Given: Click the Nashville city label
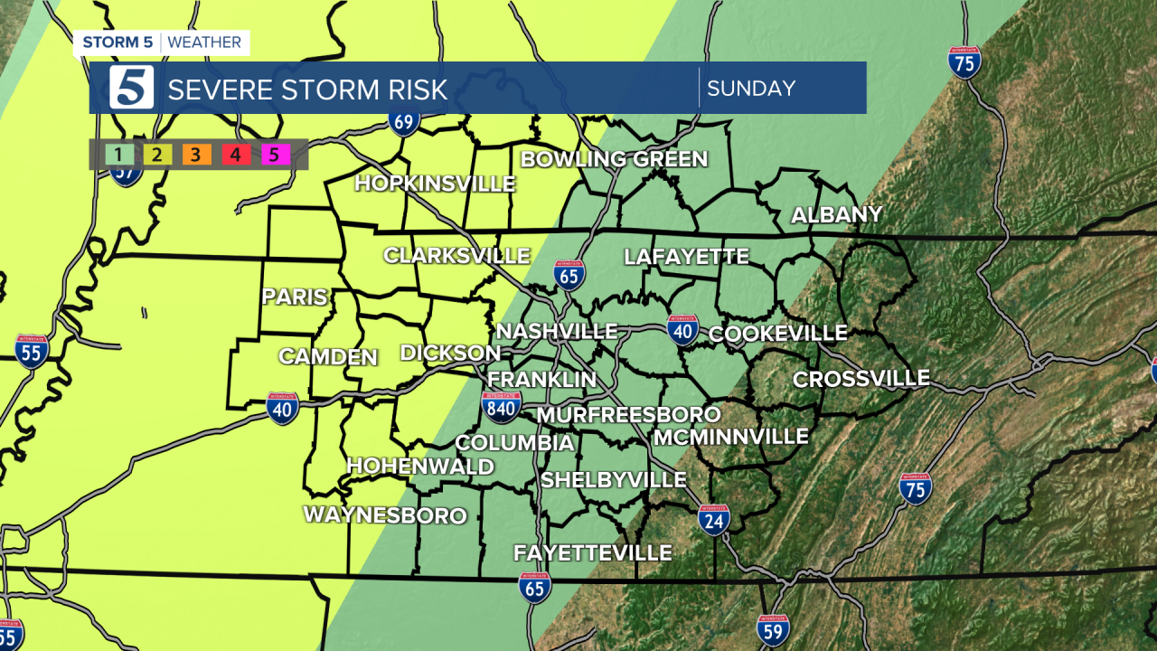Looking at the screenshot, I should coord(557,332).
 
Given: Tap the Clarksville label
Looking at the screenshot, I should coord(456,256).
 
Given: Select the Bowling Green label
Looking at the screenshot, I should coord(614,160).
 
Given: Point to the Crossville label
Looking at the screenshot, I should coord(861,379).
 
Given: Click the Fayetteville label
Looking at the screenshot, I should coord(593,552).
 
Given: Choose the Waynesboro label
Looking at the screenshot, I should coord(385,516).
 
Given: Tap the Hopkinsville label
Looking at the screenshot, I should coord(435,184).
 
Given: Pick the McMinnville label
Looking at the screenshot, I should coord(730,438).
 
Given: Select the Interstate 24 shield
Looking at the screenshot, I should coord(714,520).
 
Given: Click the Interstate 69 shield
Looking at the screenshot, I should coord(403,120).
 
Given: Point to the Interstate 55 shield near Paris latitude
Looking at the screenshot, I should coord(32,351).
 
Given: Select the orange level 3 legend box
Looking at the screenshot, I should coord(196,155).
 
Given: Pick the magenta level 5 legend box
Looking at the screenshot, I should coord(275,155).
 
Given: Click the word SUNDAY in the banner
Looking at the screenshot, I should coord(751,89).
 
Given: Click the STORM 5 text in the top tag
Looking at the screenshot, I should coord(118,42).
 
